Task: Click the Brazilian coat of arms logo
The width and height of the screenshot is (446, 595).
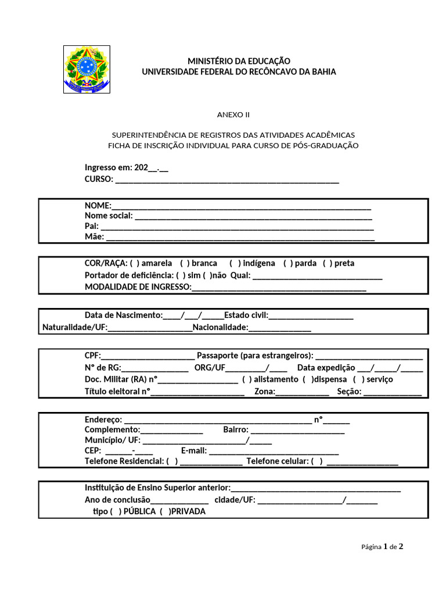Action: click(86, 69)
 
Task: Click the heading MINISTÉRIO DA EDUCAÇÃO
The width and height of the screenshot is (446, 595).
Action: click(239, 61)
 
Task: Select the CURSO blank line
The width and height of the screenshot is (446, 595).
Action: click(227, 180)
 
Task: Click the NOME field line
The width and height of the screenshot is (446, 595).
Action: click(241, 207)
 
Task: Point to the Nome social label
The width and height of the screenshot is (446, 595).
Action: click(109, 216)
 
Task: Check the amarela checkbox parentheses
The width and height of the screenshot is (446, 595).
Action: click(134, 263)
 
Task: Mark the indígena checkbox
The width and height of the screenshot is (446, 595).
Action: click(235, 263)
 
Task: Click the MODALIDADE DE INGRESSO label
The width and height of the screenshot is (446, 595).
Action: click(138, 286)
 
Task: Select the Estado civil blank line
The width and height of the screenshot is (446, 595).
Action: click(311, 317)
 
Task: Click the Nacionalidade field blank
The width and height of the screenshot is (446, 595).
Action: click(279, 329)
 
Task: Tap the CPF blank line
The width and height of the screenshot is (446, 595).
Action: click(148, 356)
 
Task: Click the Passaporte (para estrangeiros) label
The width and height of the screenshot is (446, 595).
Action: click(255, 355)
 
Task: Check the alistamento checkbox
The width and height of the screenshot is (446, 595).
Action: click(247, 379)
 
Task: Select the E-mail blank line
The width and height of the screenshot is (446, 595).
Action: click(274, 451)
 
